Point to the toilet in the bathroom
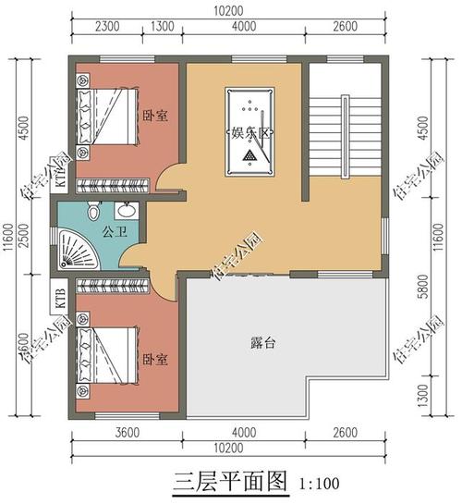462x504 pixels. pyautogui.click(x=92, y=212)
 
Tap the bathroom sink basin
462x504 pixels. pyautogui.click(x=129, y=209)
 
